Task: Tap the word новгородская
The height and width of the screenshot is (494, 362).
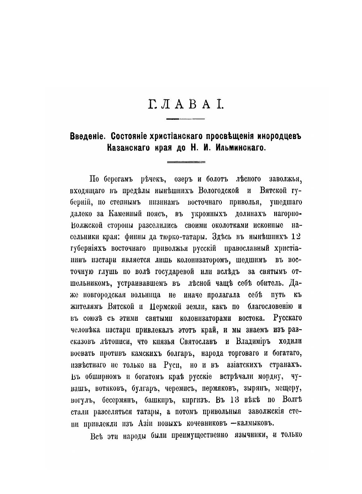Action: [x=108, y=295]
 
